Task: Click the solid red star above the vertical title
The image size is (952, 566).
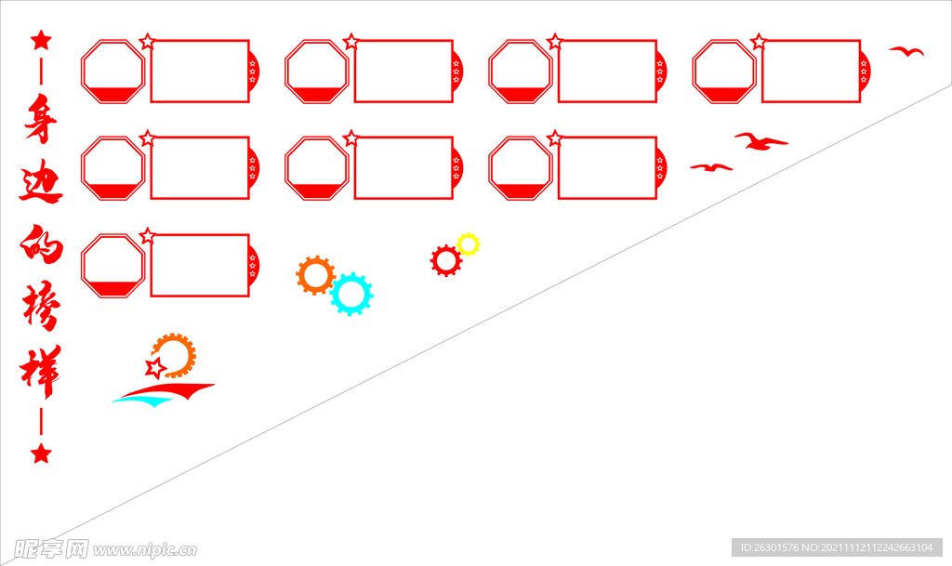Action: point(41,40)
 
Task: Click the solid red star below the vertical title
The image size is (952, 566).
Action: point(41,454)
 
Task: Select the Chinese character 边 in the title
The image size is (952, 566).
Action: point(41,184)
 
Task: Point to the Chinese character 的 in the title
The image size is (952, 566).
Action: point(41,246)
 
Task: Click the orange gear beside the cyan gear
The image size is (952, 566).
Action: point(315,275)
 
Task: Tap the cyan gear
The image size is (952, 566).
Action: point(350,294)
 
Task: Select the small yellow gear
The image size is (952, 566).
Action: point(468,244)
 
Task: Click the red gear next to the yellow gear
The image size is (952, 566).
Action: point(446,261)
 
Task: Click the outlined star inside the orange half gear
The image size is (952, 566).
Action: point(156,368)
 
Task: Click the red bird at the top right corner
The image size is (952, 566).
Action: point(906,51)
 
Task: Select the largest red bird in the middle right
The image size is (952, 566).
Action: point(760,141)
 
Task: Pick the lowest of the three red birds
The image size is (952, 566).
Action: point(711,167)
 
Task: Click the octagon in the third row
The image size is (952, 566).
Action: point(113,266)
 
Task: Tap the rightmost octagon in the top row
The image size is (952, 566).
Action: point(724,71)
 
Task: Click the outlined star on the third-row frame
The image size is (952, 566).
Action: point(147,236)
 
